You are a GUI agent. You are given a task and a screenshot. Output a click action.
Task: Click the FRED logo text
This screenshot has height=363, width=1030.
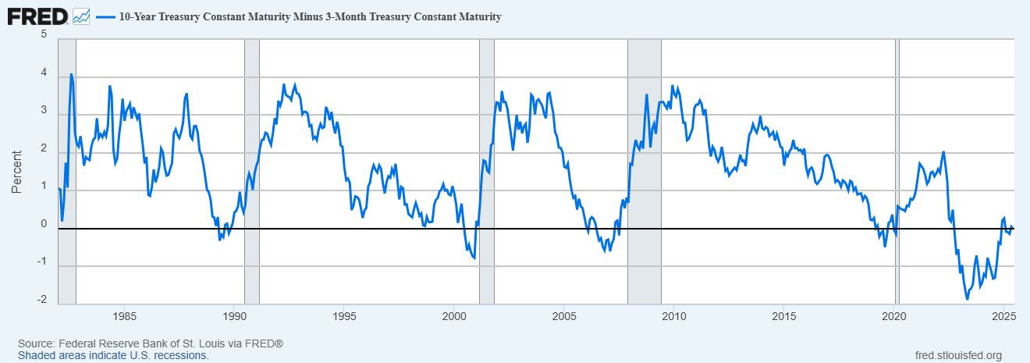coord(37,16)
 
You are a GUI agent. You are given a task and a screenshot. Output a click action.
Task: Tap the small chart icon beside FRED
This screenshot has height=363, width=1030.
coord(81,16)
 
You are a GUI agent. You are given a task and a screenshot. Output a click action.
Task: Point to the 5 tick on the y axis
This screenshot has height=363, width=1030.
coord(44,35)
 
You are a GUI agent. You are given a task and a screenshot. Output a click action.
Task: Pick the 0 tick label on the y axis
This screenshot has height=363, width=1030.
coord(44,224)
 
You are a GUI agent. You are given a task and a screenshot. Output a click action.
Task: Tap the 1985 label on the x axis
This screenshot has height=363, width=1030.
coord(124,317)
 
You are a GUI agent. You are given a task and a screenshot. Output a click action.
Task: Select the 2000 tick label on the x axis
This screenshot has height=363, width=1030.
coord(454,317)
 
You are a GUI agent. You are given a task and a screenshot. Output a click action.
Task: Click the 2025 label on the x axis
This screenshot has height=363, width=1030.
coord(1003,317)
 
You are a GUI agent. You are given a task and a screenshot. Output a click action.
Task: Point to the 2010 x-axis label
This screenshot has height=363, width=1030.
coord(673,317)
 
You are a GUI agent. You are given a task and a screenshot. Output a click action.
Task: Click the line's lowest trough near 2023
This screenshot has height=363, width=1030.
coord(967,298)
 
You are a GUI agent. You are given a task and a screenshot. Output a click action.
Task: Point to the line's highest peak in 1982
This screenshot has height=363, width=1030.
coord(71,75)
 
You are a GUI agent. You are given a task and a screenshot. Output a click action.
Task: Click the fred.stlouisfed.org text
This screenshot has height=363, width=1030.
coord(957,355)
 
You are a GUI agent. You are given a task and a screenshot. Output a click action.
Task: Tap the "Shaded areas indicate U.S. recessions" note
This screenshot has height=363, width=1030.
coord(113,355)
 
